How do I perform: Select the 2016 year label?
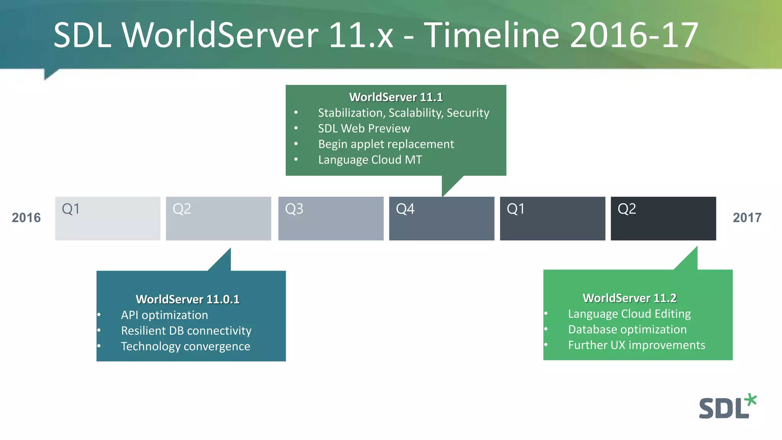26,218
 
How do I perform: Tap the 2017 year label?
747,218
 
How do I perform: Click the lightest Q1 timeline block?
108,218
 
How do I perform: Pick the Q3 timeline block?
331,218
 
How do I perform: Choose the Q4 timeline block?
441,218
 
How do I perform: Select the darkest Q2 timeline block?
663,218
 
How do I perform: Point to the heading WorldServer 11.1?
396,97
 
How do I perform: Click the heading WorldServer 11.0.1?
187,299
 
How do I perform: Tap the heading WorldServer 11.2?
629,298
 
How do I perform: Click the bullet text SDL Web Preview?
364,128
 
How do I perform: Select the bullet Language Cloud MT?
370,160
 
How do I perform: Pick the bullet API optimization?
165,315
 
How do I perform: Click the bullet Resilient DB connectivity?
186,331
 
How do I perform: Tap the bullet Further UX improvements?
636,345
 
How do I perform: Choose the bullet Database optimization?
627,330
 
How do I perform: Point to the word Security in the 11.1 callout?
468,113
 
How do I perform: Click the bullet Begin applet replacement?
386,144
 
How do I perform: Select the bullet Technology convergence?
186,346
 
